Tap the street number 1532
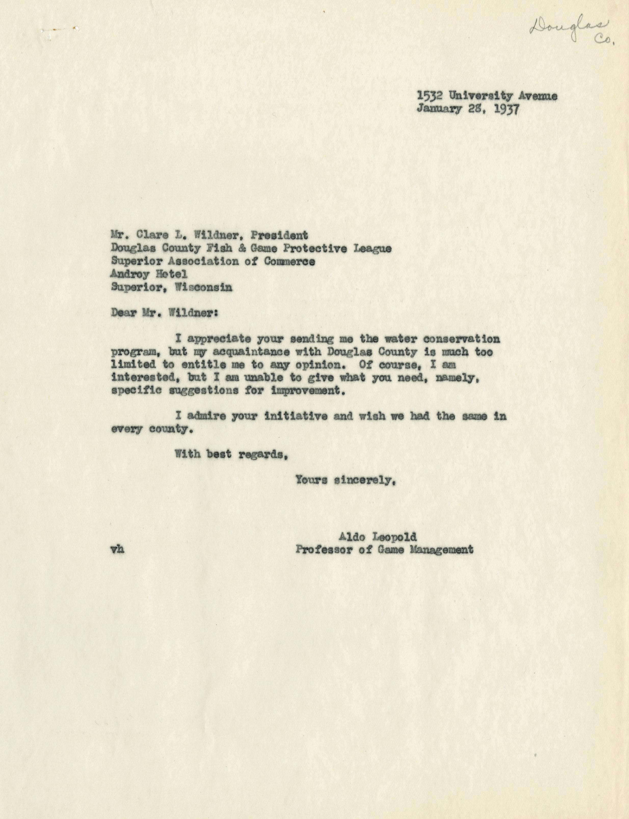(430, 96)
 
